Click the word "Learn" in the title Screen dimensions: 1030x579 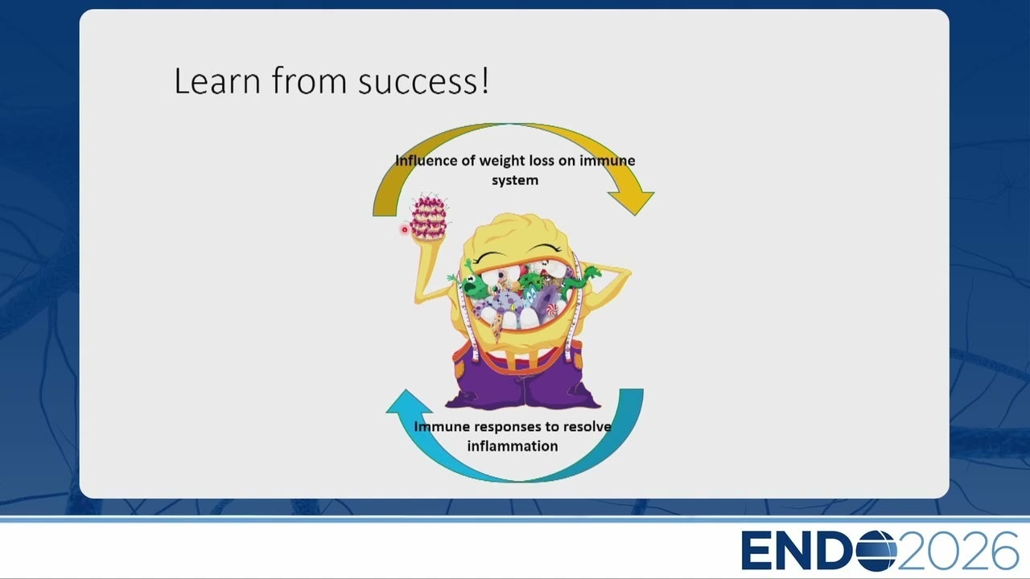click(x=217, y=81)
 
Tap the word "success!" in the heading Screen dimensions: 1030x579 click(x=423, y=81)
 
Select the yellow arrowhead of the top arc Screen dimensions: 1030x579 click(x=632, y=201)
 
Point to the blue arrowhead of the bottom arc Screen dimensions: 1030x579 click(x=408, y=401)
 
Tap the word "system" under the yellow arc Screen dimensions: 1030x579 click(x=515, y=180)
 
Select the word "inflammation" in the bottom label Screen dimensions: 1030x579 click(x=513, y=446)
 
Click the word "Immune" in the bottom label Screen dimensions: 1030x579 click(x=442, y=426)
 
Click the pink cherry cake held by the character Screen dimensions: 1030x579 click(x=429, y=217)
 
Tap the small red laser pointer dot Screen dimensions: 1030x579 click(x=405, y=229)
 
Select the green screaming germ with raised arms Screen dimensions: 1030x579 click(x=471, y=281)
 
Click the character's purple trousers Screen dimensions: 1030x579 click(x=523, y=382)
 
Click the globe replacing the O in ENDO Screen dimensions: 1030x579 click(x=875, y=550)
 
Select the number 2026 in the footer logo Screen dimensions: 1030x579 click(x=958, y=550)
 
